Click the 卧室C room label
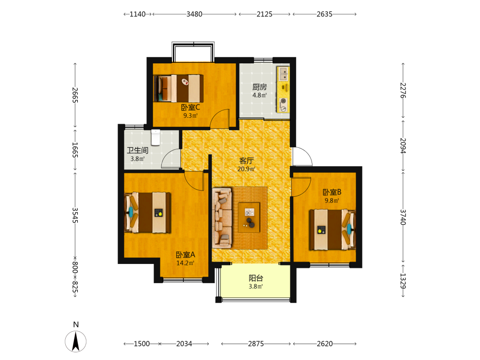[191, 108]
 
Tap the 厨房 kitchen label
[260, 87]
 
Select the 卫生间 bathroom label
[138, 150]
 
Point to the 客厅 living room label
[246, 161]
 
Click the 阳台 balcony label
[256, 278]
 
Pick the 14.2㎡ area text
[185, 263]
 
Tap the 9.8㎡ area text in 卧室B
[332, 201]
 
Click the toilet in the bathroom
[156, 137]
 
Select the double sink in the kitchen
[284, 73]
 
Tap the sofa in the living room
[222, 218]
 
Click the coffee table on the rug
[249, 217]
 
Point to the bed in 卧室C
[179, 88]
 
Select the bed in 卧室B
[333, 229]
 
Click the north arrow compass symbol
[76, 341]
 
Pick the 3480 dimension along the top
[194, 14]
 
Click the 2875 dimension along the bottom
[256, 344]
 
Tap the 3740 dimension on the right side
[403, 217]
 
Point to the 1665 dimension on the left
[75, 150]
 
